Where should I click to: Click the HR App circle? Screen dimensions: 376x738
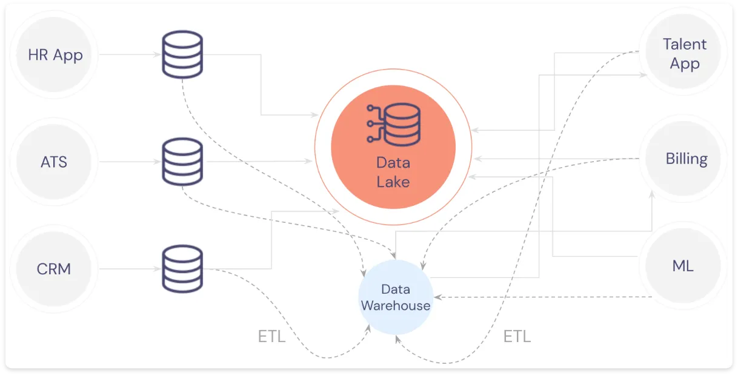(x=55, y=55)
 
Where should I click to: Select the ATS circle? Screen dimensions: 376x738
(x=54, y=162)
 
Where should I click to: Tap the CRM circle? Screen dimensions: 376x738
(x=54, y=268)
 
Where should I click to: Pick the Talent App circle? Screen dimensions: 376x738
(x=684, y=54)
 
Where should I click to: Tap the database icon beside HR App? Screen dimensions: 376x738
(x=182, y=54)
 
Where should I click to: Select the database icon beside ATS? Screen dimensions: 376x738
(x=182, y=162)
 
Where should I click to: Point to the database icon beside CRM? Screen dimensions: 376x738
(x=182, y=268)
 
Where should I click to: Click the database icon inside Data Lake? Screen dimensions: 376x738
(x=393, y=124)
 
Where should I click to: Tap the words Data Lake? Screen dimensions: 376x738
(x=393, y=172)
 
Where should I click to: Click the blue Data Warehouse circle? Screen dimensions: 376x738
(x=395, y=297)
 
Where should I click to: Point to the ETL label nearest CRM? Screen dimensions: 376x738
(x=271, y=337)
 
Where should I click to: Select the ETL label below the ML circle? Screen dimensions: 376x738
(x=517, y=337)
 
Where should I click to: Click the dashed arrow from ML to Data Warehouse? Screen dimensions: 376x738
(x=545, y=297)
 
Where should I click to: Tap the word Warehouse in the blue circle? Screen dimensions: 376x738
(x=395, y=305)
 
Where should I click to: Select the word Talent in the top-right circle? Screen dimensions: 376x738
(x=684, y=44)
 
